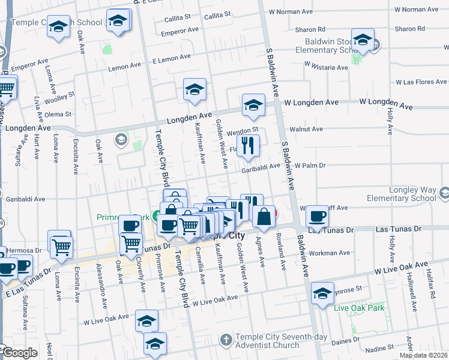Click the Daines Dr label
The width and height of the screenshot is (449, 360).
point(345,338)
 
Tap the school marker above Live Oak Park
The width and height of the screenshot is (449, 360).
point(323,293)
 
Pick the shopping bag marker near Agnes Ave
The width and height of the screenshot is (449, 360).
point(264,215)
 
